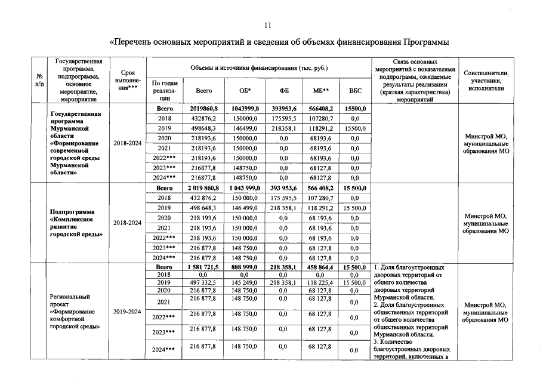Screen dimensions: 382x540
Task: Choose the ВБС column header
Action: click(354, 91)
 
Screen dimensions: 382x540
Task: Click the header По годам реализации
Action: click(165, 91)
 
